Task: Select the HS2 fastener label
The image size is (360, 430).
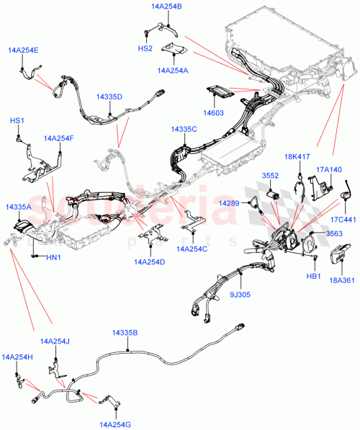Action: pyautogui.click(x=145, y=48)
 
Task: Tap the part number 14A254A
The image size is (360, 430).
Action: pyautogui.click(x=171, y=71)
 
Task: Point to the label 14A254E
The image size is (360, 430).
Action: pyautogui.click(x=23, y=50)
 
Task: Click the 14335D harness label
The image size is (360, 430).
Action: pyautogui.click(x=109, y=97)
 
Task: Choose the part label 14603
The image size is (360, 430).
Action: pyautogui.click(x=212, y=113)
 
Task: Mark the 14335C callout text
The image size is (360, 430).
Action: pyautogui.click(x=184, y=129)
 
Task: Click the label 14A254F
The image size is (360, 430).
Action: pyautogui.click(x=59, y=138)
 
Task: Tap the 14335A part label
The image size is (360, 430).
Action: pyautogui.click(x=19, y=207)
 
